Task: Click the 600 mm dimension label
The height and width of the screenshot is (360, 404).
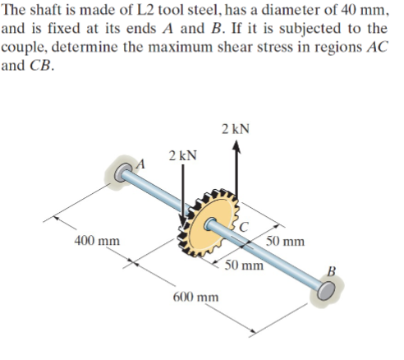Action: click(x=195, y=296)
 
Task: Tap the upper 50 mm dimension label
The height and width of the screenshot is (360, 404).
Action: click(x=286, y=242)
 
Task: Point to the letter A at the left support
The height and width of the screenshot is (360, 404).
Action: click(x=139, y=164)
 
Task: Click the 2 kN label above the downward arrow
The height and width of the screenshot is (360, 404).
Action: click(x=181, y=155)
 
